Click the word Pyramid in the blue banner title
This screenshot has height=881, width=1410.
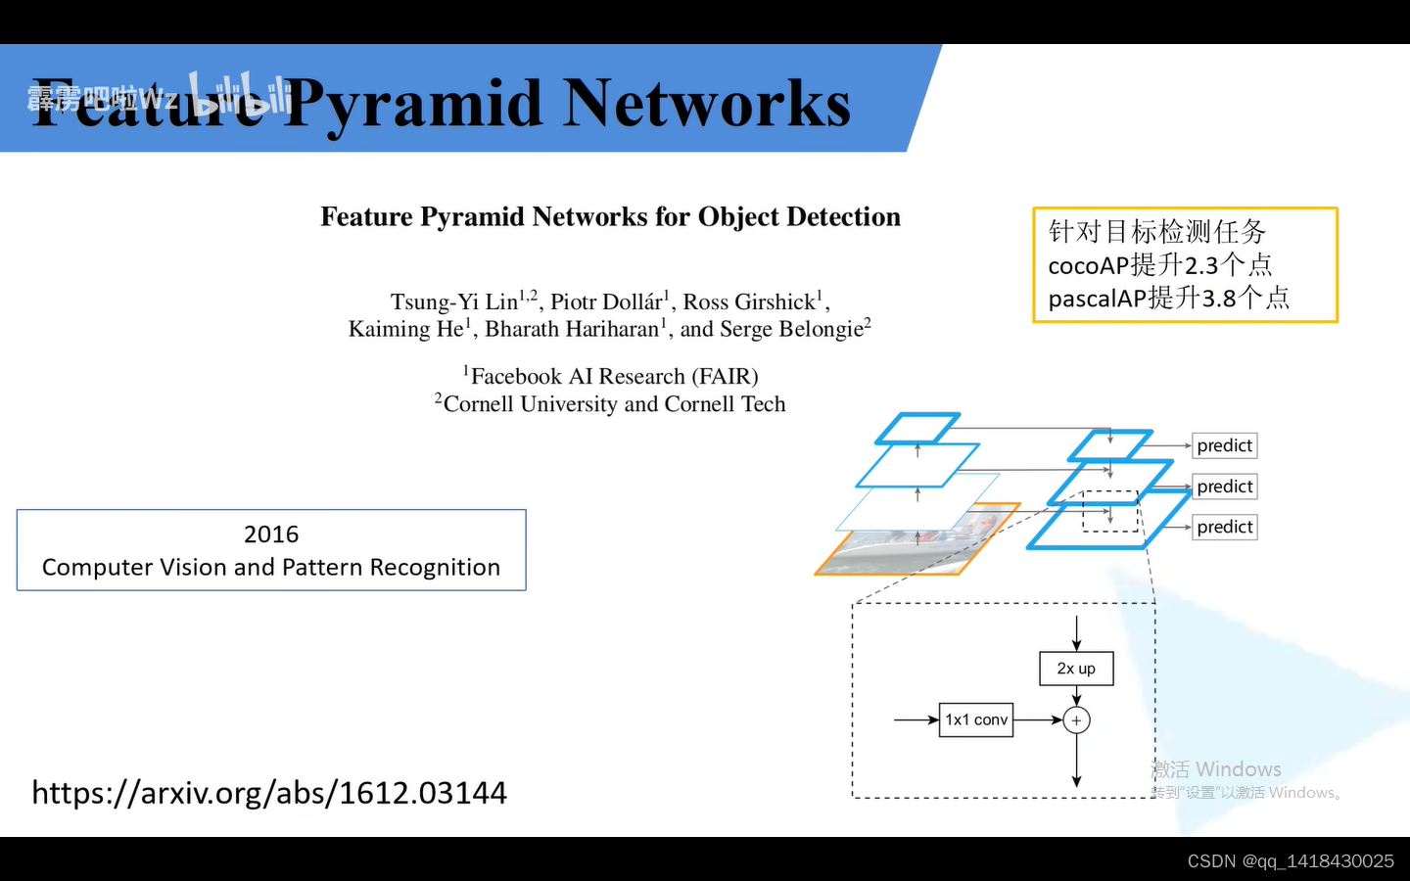[411, 104]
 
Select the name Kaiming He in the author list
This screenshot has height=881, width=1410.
[405, 329]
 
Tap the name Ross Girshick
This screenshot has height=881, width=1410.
[749, 301]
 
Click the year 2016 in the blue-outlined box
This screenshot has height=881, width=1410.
[271, 534]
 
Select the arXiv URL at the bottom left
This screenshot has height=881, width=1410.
[269, 792]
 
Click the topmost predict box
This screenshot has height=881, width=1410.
[1224, 445]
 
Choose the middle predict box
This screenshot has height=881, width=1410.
[1224, 487]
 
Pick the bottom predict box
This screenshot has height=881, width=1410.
[1224, 527]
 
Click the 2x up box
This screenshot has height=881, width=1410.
[1076, 669]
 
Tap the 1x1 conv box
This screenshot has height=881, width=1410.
[976, 719]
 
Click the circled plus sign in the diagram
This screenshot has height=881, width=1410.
[1076, 720]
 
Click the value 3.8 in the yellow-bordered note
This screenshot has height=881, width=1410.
[1218, 298]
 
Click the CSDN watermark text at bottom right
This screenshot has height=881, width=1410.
[1290, 860]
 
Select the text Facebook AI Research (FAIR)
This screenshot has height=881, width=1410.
[614, 377]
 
